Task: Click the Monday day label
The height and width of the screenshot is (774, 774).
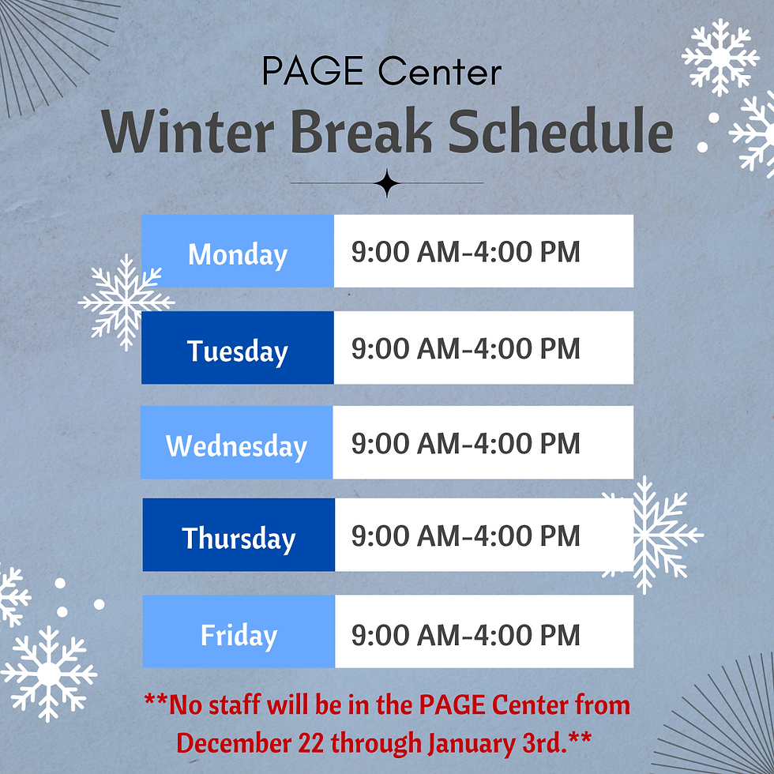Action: click(x=238, y=254)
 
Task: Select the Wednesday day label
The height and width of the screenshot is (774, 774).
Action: click(x=236, y=446)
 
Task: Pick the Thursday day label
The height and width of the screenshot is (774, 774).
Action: click(x=239, y=539)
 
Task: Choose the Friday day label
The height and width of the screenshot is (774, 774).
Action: click(x=239, y=635)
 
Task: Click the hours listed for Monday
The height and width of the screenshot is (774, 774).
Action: click(x=466, y=253)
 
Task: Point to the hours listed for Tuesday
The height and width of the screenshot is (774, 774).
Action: click(x=466, y=348)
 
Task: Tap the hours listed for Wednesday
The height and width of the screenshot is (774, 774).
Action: click(x=466, y=443)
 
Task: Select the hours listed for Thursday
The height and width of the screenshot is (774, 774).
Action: click(x=466, y=536)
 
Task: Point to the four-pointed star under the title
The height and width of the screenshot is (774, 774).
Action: click(x=387, y=183)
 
